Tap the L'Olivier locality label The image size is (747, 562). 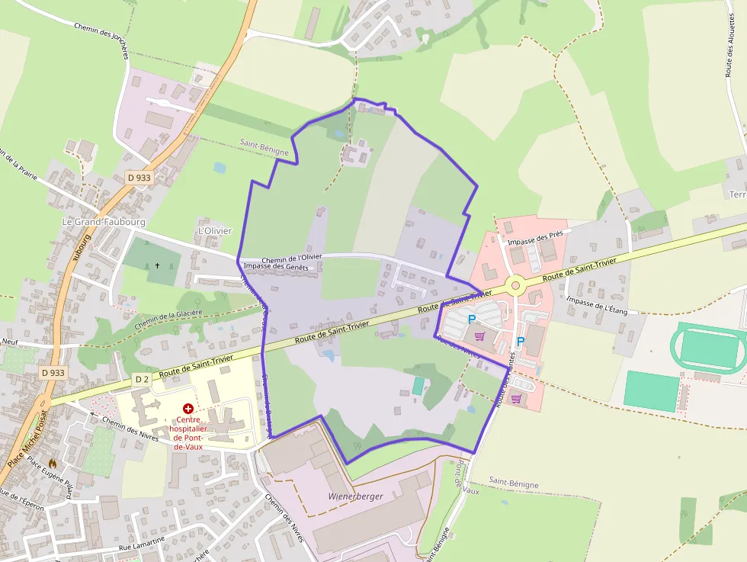coord(214,230)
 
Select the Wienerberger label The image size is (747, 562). coord(355,496)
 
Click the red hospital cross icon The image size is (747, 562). coord(188,409)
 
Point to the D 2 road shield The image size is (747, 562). coord(142,379)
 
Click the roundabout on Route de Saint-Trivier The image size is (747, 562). coord(515,285)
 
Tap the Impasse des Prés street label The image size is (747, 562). coord(534,238)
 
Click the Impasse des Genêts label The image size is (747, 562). coord(275,267)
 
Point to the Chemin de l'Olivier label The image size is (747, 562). coord(291,259)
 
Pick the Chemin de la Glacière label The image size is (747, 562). coord(168,318)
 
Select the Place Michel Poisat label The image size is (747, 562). coord(27,438)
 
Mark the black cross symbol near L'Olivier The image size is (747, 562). coord(158,266)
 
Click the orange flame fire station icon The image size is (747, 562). coord(53,462)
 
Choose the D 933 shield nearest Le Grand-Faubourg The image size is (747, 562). coord(139,178)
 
